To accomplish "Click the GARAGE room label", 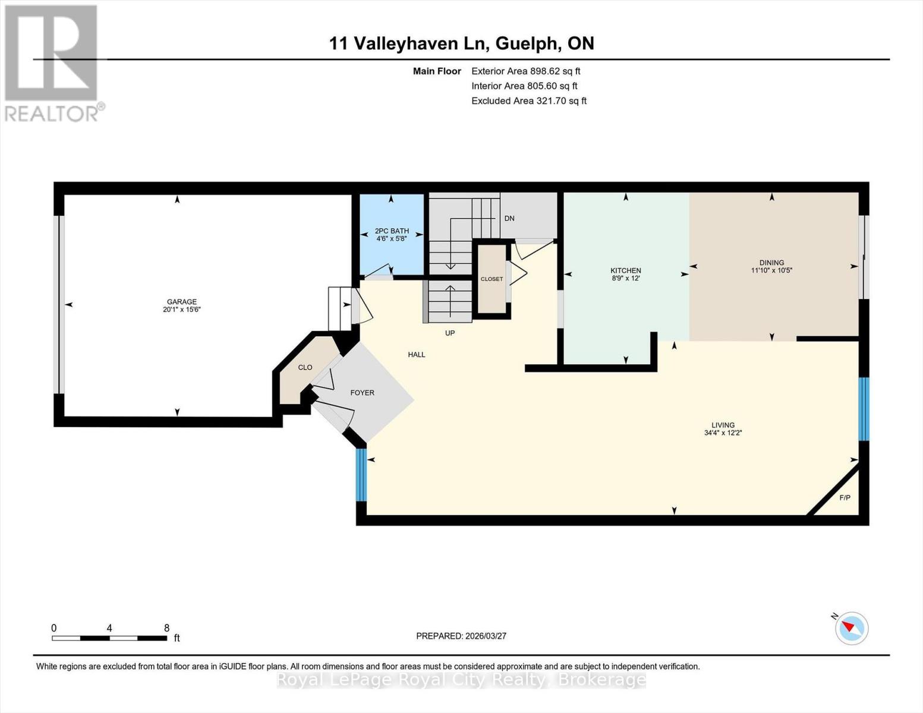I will [181, 302].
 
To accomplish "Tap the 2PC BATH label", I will [392, 231].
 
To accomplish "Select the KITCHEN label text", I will [626, 270].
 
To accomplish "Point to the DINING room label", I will [771, 263].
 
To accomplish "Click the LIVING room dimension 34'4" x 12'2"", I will [723, 433].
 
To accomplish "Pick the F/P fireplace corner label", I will [845, 497].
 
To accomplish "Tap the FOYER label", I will [362, 393].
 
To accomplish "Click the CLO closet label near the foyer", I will [305, 367].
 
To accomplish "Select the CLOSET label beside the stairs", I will [492, 279].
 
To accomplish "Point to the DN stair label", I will [509, 218].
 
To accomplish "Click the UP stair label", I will [450, 333].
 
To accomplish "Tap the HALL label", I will [416, 355].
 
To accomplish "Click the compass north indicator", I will [851, 627].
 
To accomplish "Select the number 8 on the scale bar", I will [166, 628].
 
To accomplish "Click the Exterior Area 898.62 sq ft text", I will [525, 71].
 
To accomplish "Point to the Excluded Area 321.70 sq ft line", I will [528, 101].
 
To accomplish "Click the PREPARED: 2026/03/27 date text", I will [461, 636].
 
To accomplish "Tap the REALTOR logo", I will [52, 62].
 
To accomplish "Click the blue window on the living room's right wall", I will [864, 409].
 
